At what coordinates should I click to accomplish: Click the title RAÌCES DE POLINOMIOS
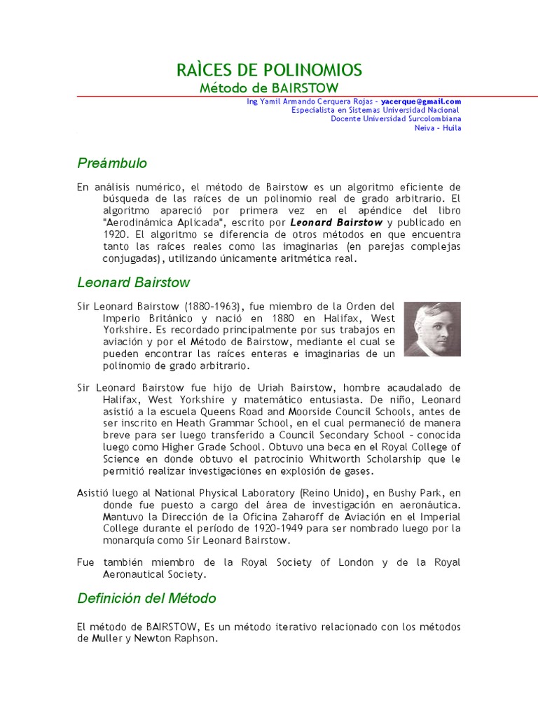pos(269,70)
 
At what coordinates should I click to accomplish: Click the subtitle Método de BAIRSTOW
pos(269,88)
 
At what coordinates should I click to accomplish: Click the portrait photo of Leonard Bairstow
pos(432,329)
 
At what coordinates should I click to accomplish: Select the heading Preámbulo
pos(112,163)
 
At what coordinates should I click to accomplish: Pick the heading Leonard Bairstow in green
pos(133,283)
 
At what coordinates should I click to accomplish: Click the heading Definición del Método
pos(146,599)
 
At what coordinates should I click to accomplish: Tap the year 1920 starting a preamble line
pos(114,235)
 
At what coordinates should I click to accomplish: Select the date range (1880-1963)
pos(216,307)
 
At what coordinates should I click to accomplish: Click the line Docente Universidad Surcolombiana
pos(396,119)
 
